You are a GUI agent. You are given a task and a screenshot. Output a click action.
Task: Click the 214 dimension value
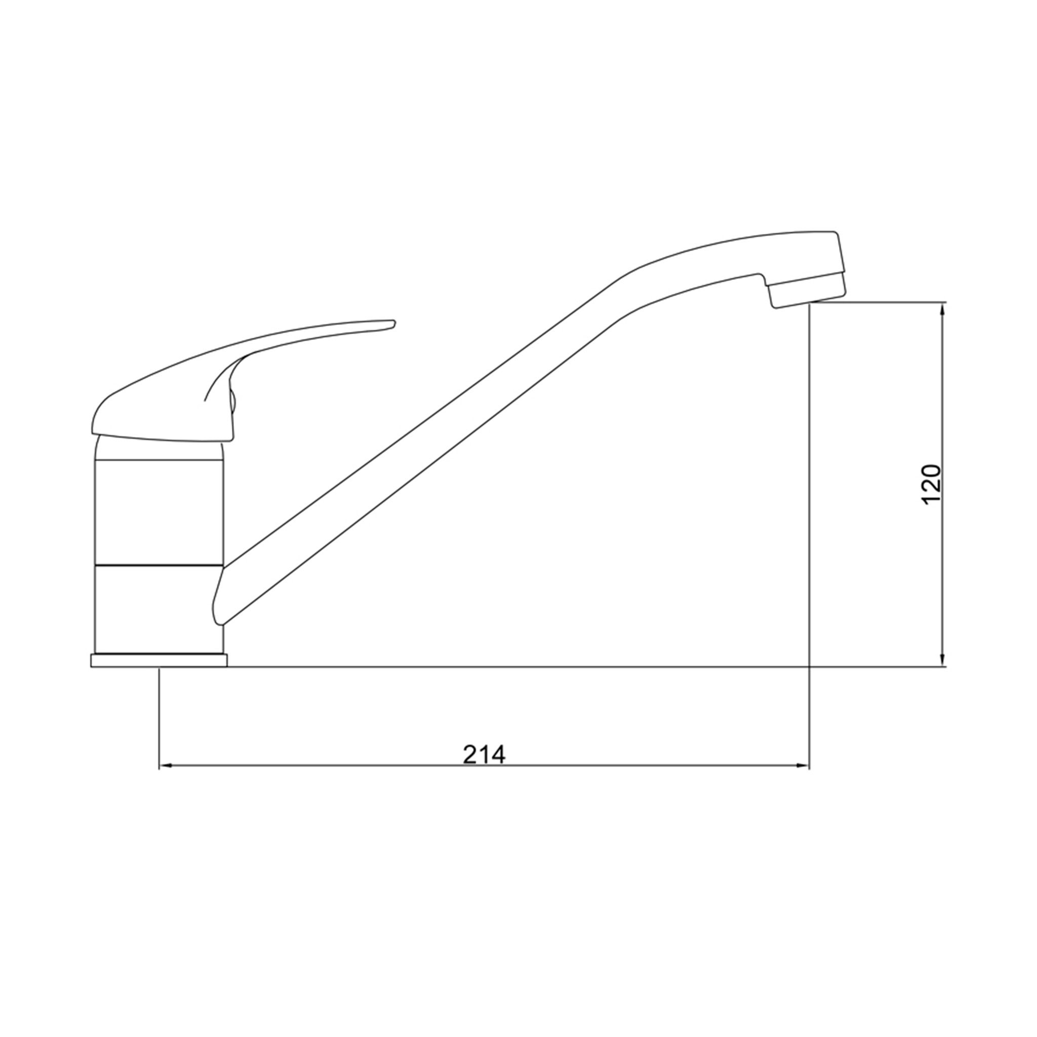coord(484,754)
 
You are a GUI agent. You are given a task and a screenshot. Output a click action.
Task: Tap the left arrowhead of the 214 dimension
coord(165,767)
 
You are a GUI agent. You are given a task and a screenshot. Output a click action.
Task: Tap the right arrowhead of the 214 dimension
coord(803,767)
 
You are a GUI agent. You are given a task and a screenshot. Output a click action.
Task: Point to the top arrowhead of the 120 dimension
coord(943,309)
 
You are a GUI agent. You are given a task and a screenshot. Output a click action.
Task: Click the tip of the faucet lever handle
coord(394,323)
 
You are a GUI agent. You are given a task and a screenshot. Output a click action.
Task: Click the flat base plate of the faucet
coord(159,661)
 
